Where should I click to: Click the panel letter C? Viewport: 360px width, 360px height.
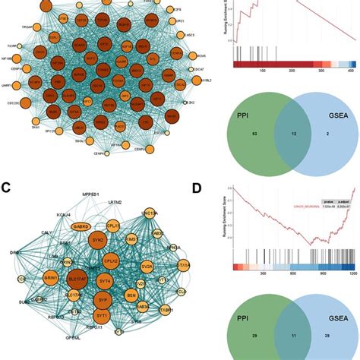click(7, 186)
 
